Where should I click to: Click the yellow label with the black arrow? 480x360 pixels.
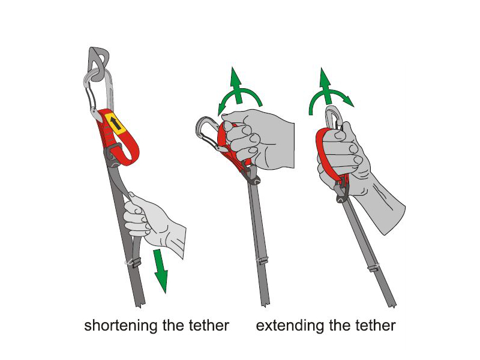pyautogui.click(x=115, y=124)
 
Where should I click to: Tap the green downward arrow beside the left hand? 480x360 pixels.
pyautogui.click(x=161, y=271)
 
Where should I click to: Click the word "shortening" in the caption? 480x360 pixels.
pyautogui.click(x=121, y=325)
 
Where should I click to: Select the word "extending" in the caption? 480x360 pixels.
pyautogui.click(x=290, y=325)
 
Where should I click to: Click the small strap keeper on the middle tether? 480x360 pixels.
pyautogui.click(x=262, y=260)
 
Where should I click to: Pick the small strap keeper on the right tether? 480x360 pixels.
pyautogui.click(x=373, y=267)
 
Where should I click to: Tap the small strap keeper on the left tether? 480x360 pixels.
pyautogui.click(x=133, y=262)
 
